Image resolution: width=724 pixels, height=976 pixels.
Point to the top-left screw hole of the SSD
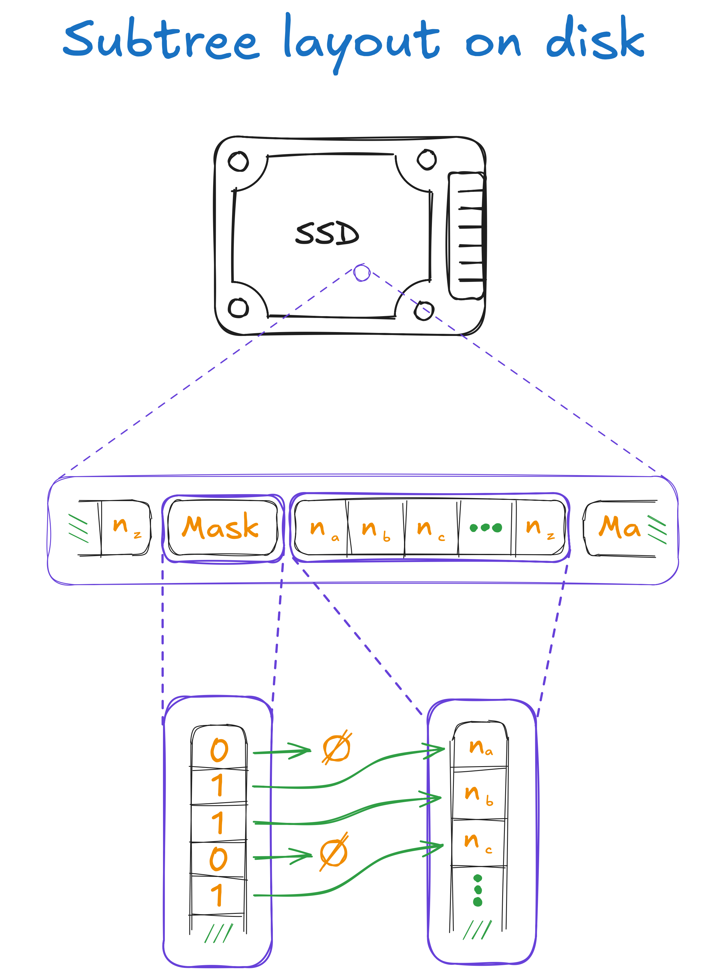click(238, 161)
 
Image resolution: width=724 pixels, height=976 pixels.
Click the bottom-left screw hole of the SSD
click(238, 308)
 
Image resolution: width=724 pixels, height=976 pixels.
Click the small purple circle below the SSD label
click(362, 273)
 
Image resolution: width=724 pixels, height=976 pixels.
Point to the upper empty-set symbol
click(336, 748)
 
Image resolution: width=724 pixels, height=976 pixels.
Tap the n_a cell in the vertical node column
click(480, 747)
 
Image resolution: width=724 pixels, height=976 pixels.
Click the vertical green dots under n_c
click(478, 890)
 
